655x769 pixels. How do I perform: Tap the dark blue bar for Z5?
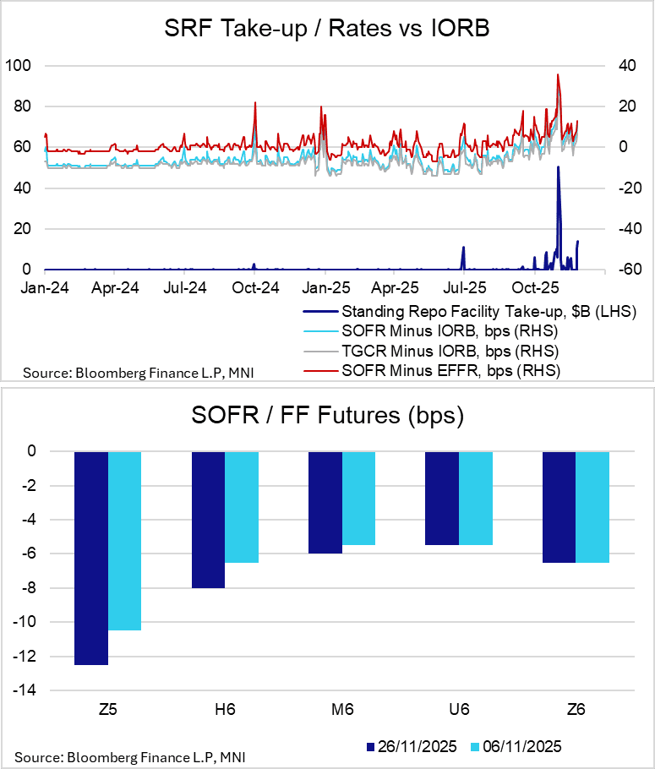click(91, 558)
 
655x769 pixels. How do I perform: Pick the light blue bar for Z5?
click(124, 541)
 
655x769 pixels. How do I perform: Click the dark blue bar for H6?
click(208, 520)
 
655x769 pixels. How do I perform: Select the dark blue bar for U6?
click(442, 498)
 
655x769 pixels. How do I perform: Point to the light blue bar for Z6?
click(592, 507)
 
